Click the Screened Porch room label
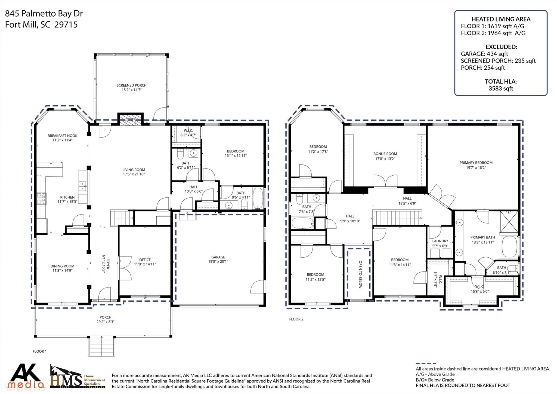point(132,85)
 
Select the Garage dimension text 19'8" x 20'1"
point(218,262)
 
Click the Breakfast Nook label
point(63,136)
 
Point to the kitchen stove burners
point(41,199)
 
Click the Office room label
point(145,260)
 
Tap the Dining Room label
point(62,266)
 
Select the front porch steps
point(101,346)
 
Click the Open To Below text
point(360,274)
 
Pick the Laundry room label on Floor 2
point(440,241)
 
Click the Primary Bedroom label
point(476,163)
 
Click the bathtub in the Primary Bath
point(510,247)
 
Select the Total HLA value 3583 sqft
point(501,88)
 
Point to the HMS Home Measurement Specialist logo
point(78,377)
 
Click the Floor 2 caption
point(296,319)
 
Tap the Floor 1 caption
point(40,351)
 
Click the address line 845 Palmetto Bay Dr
point(44,14)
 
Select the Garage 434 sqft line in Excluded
point(484,54)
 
